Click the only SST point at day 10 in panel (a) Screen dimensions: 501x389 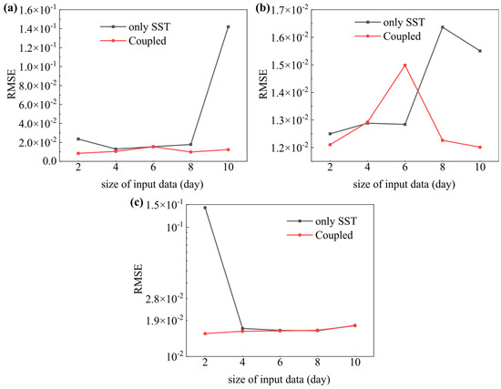pyautogui.click(x=228, y=26)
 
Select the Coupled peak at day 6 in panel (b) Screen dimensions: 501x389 pyautogui.click(x=404, y=66)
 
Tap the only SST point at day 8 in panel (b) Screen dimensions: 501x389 pyautogui.click(x=443, y=27)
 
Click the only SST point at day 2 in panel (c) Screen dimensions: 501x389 pyautogui.click(x=205, y=208)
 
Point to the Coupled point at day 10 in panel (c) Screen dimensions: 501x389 pyautogui.click(x=354, y=325)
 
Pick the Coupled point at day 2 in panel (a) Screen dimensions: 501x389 pyautogui.click(x=78, y=153)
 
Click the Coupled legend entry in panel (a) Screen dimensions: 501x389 pyautogui.click(x=134, y=41)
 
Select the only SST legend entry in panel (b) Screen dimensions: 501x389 pyautogui.click(x=390, y=23)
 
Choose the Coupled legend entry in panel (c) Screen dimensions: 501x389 pyautogui.click(x=320, y=235)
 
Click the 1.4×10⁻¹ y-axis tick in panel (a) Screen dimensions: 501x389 pyautogui.click(x=38, y=29)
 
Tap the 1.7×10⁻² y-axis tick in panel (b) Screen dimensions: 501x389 pyautogui.click(x=290, y=10)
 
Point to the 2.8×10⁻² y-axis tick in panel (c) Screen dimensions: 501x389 pyautogui.click(x=165, y=299)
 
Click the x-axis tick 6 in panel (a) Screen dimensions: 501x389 pyautogui.click(x=153, y=168)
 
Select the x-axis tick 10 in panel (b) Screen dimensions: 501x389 pyautogui.click(x=480, y=167)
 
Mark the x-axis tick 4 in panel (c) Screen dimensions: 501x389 pyautogui.click(x=242, y=363)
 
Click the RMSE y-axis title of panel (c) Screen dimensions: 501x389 pyautogui.click(x=138, y=279)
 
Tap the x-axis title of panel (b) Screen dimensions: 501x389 pyautogui.click(x=404, y=184)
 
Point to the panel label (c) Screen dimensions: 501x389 pyautogui.click(x=137, y=203)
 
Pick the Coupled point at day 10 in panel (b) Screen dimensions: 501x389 pyautogui.click(x=480, y=148)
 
